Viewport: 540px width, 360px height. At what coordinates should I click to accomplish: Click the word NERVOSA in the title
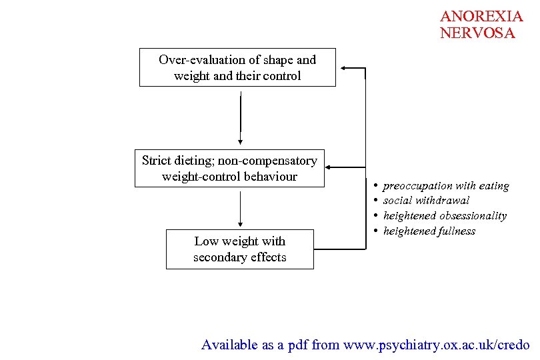[x=477, y=33]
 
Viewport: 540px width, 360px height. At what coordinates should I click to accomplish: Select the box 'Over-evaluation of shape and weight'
[x=237, y=67]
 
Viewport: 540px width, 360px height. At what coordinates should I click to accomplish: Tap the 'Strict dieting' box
[x=229, y=169]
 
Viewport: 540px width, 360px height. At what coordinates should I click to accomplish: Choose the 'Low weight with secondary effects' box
[x=239, y=249]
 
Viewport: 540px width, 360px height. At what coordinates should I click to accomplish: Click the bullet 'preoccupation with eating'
[x=445, y=186]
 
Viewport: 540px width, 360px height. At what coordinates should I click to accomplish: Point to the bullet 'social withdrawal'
[x=426, y=201]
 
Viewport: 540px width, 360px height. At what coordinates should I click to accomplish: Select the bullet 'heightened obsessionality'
[x=445, y=216]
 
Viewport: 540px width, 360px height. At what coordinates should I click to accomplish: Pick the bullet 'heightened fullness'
[x=429, y=231]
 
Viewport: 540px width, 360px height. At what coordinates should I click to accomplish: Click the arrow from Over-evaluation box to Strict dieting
[x=240, y=117]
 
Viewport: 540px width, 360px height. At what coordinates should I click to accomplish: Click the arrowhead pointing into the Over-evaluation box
[x=343, y=67]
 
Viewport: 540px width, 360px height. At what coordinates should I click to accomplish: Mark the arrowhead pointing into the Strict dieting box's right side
[x=330, y=168]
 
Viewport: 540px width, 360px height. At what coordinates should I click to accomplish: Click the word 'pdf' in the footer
[x=297, y=345]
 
